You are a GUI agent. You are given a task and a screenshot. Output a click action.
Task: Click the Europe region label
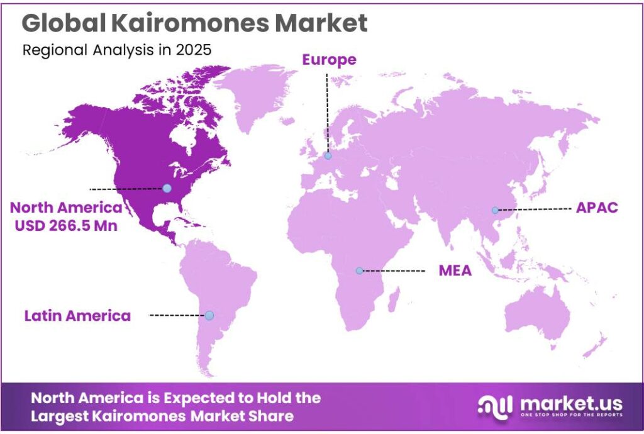(x=329, y=60)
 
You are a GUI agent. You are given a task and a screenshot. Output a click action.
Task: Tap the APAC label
(x=597, y=208)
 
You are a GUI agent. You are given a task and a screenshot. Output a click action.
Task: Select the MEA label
(x=455, y=271)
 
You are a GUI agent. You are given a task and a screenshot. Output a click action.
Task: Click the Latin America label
(x=77, y=315)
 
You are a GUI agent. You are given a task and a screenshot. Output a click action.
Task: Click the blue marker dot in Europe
(x=328, y=155)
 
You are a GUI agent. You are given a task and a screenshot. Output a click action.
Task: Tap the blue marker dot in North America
(x=167, y=188)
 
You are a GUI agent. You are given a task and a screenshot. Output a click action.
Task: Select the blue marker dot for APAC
(x=495, y=210)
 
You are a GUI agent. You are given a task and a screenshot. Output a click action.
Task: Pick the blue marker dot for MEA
(x=359, y=271)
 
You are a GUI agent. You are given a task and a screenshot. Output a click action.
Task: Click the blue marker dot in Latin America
(x=209, y=315)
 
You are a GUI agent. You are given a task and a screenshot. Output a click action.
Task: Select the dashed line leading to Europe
(x=327, y=113)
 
